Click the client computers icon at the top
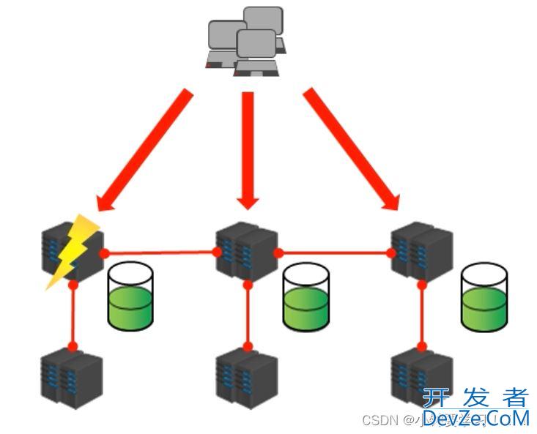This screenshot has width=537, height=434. [x=245, y=40]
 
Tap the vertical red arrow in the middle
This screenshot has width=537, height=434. [x=248, y=146]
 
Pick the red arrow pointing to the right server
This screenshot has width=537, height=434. [x=352, y=150]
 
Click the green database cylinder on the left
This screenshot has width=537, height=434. [x=130, y=296]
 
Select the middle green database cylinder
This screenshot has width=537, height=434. [x=306, y=296]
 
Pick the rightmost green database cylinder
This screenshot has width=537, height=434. [x=484, y=296]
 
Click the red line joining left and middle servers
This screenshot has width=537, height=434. [x=161, y=252]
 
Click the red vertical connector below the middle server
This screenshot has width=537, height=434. [x=248, y=315]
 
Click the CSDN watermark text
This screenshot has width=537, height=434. [x=380, y=420]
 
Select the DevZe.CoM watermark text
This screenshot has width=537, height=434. [x=475, y=419]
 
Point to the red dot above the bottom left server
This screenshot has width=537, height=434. [x=73, y=346]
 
